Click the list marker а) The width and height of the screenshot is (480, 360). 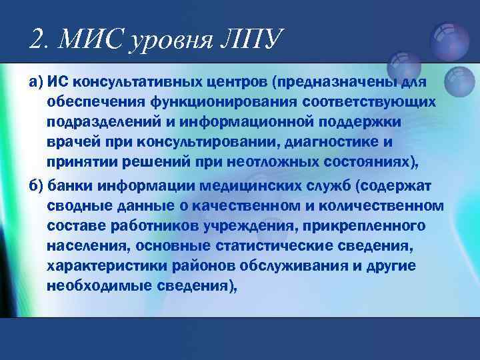pos(35,83)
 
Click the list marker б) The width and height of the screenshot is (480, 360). pos(35,185)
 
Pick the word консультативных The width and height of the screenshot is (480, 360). pos(141,83)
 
